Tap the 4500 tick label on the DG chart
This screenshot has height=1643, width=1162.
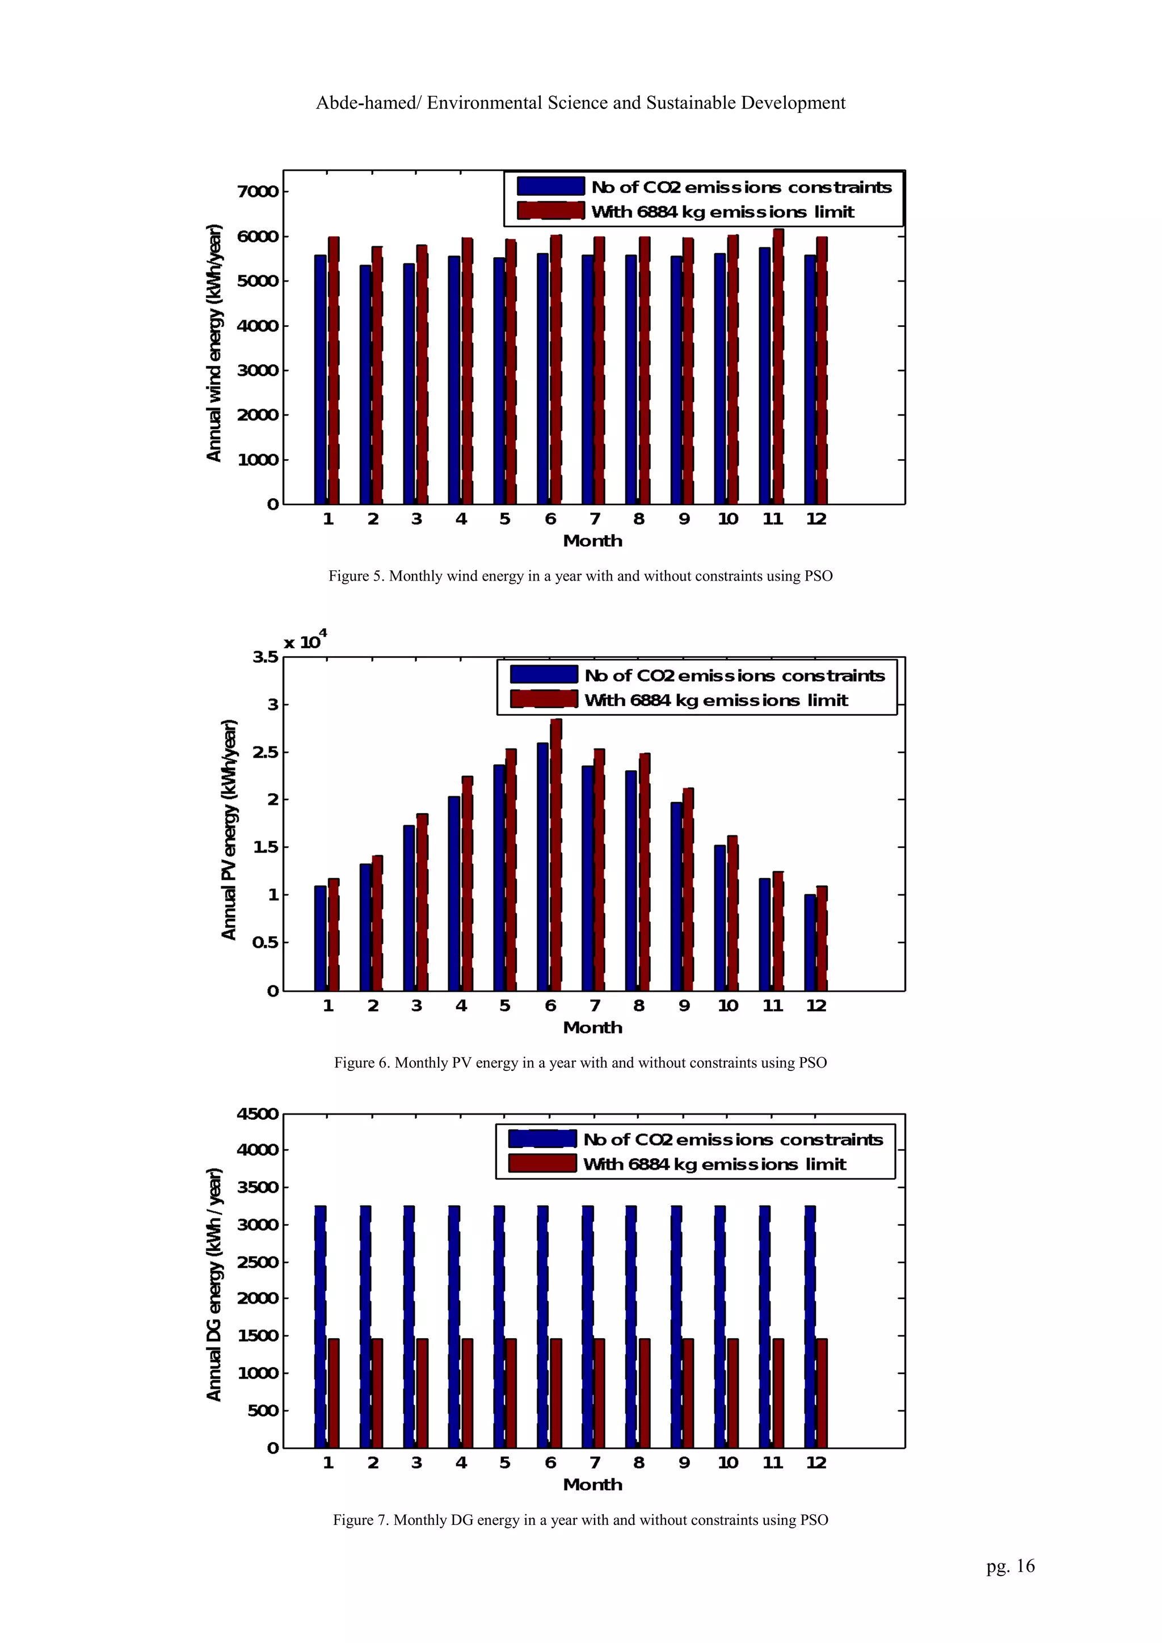pos(258,1114)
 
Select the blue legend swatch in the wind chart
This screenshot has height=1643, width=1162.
pos(550,187)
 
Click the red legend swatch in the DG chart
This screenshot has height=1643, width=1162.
pos(542,1163)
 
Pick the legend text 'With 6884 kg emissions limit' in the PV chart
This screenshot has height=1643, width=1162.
pos(715,700)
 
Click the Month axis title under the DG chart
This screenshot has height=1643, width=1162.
pos(592,1485)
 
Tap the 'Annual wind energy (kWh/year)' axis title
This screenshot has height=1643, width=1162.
pos(214,343)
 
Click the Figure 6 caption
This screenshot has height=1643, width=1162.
pos(580,1062)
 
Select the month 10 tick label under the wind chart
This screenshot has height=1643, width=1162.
pos(728,519)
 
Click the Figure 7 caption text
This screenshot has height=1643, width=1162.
pos(580,1520)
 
